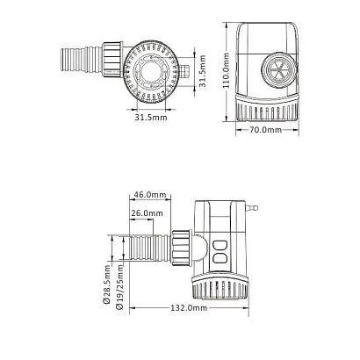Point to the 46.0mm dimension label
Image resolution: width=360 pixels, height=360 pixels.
point(149,195)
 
